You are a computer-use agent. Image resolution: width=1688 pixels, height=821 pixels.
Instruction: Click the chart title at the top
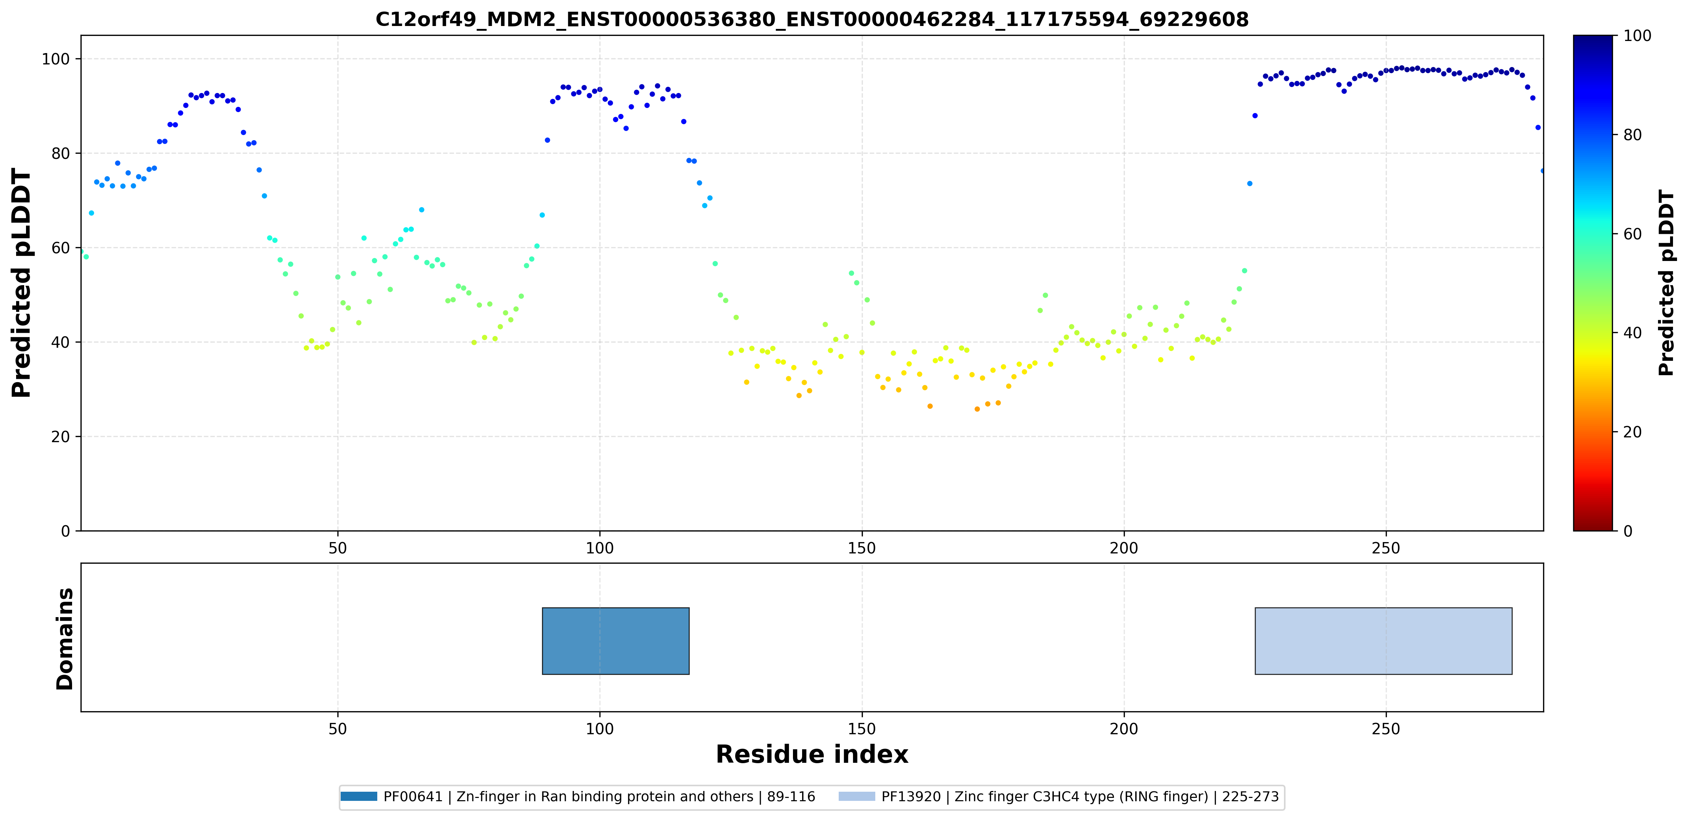(x=812, y=20)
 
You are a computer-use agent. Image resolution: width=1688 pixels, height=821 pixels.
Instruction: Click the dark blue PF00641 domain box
(x=615, y=641)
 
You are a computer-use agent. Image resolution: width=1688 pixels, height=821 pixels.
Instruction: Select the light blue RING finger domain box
(x=1383, y=641)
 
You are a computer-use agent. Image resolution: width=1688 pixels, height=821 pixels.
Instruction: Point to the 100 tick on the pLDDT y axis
(x=56, y=59)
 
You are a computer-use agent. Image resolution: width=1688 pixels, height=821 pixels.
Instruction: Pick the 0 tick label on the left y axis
(x=65, y=531)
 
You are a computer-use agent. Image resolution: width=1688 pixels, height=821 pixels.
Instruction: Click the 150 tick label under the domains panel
(x=862, y=729)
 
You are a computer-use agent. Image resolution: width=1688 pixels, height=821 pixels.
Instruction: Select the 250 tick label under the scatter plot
(x=1386, y=548)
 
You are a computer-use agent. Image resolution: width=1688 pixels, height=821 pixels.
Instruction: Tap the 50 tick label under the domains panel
(x=337, y=729)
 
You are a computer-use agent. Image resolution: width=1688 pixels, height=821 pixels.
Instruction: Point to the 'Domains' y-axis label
(x=65, y=638)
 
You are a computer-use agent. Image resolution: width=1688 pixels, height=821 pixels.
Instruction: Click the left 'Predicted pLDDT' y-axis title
(x=22, y=283)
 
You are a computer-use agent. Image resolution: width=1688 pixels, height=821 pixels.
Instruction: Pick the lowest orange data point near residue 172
(x=977, y=409)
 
